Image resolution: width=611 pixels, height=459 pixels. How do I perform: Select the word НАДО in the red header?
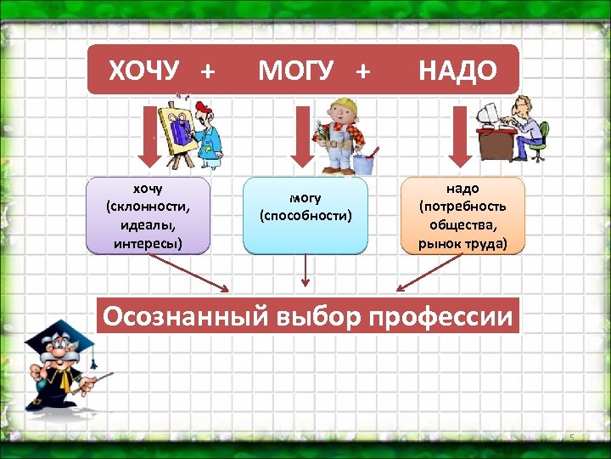(457, 71)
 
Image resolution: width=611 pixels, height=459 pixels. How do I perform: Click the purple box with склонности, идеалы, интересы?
(148, 216)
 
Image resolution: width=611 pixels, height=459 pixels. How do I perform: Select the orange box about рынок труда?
(462, 216)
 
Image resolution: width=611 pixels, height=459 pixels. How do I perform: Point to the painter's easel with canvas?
(179, 132)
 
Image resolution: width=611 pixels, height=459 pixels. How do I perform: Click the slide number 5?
(572, 438)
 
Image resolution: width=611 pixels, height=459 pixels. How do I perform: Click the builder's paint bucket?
(367, 161)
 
